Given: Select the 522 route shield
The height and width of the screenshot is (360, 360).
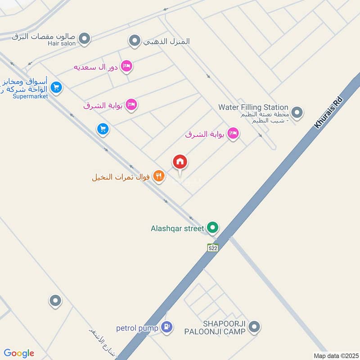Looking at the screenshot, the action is coord(213,247).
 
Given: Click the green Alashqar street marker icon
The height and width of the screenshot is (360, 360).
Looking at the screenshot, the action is coord(212,228).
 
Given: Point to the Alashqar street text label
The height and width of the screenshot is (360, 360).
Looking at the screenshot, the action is coord(177,228).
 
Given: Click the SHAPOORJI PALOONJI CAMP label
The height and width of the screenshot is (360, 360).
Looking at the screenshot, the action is coord(215,328).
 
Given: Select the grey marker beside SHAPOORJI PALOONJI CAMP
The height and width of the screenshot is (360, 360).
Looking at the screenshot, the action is coord(254,327).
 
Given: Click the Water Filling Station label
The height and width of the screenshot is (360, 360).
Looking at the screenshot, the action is coord(253,107).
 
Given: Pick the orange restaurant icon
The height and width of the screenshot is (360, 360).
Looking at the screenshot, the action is coord(158,176).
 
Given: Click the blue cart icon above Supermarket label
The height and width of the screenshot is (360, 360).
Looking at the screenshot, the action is coord(56,87).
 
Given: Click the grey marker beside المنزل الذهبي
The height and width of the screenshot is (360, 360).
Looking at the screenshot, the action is coord(134,41).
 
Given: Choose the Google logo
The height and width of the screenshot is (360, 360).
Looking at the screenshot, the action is coord(19,353).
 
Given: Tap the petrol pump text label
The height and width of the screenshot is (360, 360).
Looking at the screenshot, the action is coord(137,328).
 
